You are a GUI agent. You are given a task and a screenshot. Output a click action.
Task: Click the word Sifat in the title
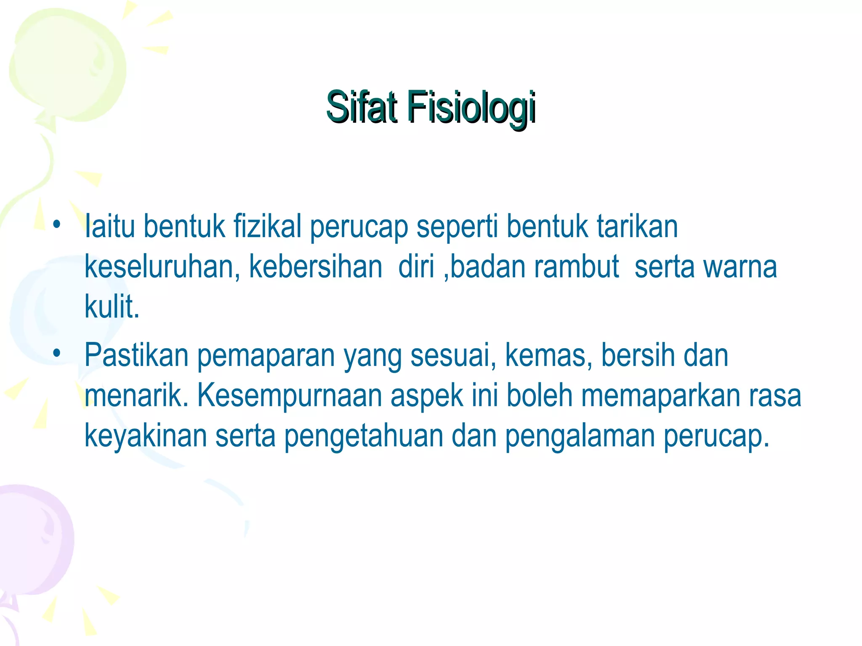click(361, 107)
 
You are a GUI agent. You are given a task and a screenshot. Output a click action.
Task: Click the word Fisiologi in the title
click(471, 108)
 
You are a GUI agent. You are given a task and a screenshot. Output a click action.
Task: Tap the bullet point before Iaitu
click(57, 224)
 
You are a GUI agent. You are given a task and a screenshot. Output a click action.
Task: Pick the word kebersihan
click(316, 267)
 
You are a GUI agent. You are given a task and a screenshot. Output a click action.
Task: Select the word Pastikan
click(136, 355)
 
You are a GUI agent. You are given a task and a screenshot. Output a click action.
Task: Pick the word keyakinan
click(146, 436)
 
